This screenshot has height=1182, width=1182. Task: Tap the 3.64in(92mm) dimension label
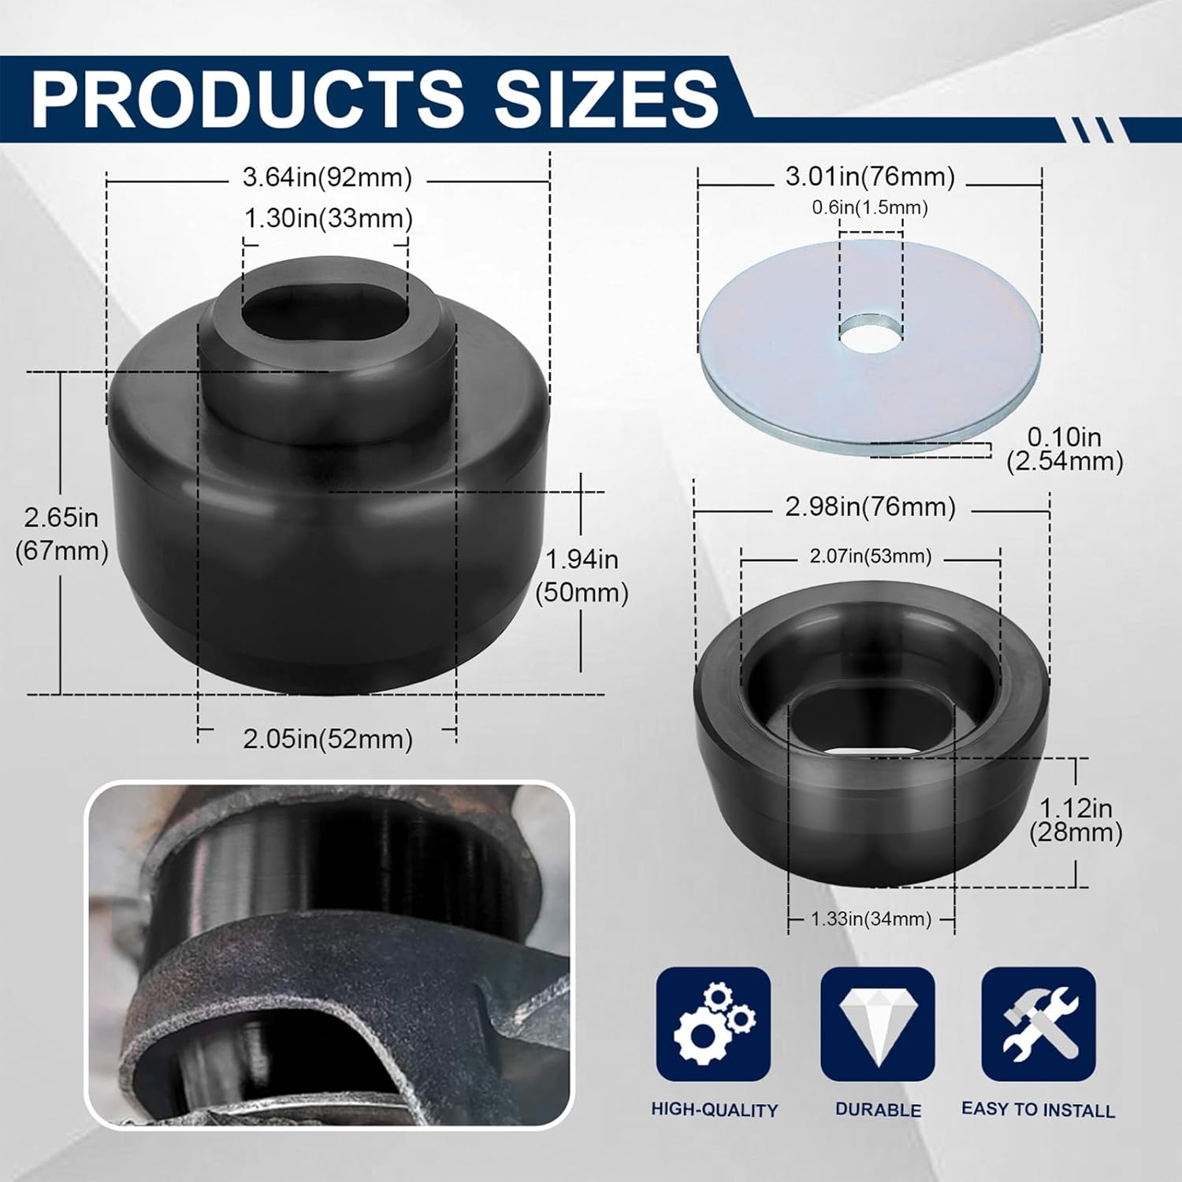[327, 178]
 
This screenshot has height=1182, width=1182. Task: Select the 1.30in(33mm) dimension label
[328, 218]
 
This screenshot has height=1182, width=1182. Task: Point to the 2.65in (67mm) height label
[61, 533]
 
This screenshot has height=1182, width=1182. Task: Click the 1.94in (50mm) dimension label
[582, 575]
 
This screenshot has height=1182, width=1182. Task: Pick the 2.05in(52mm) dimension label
[328, 739]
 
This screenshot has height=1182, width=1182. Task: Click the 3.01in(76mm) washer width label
[870, 177]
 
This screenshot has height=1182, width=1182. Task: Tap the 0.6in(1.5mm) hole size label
[870, 207]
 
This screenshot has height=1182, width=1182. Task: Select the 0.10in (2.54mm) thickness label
[1065, 448]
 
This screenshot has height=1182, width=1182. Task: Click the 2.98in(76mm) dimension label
[870, 507]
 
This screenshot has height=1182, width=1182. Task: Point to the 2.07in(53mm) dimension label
[870, 556]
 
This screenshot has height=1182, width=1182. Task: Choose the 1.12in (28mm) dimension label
[1076, 820]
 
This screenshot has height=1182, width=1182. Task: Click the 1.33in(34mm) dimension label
[871, 919]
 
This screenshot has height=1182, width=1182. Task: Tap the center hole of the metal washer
[870, 332]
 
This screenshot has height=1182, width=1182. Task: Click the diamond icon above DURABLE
[878, 1024]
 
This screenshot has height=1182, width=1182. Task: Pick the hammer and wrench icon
[1039, 1024]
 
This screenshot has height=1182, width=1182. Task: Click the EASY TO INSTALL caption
[1038, 1110]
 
